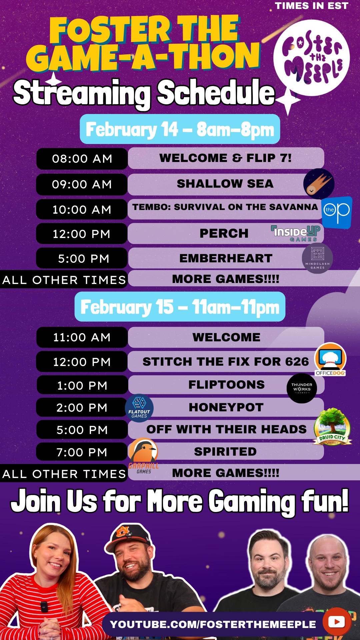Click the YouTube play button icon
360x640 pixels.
point(337,622)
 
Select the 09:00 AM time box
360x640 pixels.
point(82,184)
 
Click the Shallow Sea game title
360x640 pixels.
point(225,184)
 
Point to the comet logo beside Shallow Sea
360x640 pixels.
point(319,184)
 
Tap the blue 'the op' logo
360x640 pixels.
point(337,212)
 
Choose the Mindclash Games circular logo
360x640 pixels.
point(317,258)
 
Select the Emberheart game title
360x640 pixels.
point(226,258)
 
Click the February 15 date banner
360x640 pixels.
point(180,307)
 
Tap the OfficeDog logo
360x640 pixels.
point(330,359)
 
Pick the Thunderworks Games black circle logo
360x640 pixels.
point(302,388)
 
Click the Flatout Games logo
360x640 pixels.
point(139,408)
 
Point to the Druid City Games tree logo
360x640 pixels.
point(332,427)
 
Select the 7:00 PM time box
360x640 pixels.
point(82,452)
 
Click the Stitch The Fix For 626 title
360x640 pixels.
point(226,362)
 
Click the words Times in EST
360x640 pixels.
point(312,6)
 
